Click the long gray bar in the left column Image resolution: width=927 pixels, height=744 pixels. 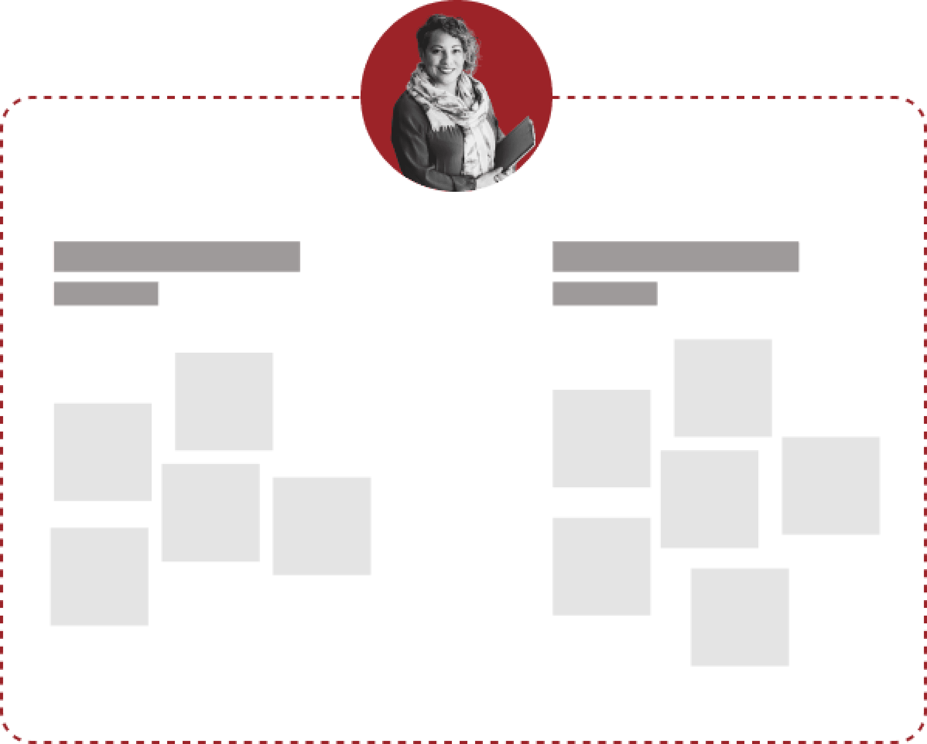tap(176, 257)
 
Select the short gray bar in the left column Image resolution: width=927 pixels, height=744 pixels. tap(106, 294)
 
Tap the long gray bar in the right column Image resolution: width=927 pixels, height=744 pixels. tap(676, 257)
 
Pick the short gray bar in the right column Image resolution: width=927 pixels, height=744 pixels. tap(605, 294)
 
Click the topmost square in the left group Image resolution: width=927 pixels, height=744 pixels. tap(224, 402)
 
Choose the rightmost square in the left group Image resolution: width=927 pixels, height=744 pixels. tap(322, 526)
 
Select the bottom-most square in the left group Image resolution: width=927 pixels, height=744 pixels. tap(99, 577)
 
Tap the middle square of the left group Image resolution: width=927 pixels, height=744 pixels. tap(210, 512)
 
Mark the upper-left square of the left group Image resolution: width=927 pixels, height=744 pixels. tap(102, 451)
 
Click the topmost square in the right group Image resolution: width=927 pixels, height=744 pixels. tap(722, 388)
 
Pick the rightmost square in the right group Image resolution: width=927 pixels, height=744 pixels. tap(831, 486)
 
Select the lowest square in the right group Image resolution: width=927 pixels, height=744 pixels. tap(739, 617)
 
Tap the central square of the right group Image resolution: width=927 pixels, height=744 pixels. tap(710, 500)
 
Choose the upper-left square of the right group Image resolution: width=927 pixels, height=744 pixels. tap(602, 439)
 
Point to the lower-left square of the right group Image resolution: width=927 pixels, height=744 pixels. tap(602, 566)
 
